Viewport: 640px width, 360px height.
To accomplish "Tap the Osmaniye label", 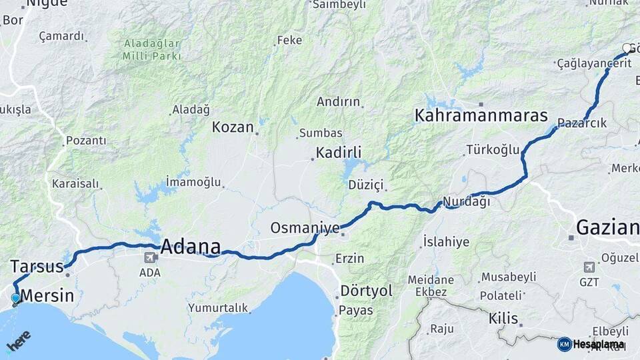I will pyautogui.click(x=305, y=228).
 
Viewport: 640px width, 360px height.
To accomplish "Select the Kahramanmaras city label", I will pyautogui.click(x=481, y=115).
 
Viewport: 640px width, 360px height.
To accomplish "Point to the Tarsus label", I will pyautogui.click(x=37, y=267).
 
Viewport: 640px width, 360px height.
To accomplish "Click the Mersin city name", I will pyautogui.click(x=47, y=295).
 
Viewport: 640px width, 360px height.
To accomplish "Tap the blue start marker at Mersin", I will pyautogui.click(x=16, y=298).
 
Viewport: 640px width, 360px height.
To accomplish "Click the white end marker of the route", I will pyautogui.click(x=627, y=48).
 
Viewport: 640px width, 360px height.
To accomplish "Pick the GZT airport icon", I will pyautogui.click(x=589, y=267).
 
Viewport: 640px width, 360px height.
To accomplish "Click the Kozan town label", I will pyautogui.click(x=233, y=127).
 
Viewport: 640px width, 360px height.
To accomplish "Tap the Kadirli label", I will pyautogui.click(x=338, y=153).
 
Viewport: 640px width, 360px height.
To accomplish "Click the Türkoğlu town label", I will pyautogui.click(x=493, y=149).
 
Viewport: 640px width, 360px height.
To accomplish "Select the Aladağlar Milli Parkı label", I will pyautogui.click(x=152, y=50).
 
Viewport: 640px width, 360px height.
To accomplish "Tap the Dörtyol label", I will pyautogui.click(x=366, y=291).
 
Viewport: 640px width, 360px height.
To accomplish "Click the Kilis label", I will pyautogui.click(x=503, y=318).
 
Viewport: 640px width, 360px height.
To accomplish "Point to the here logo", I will pyautogui.click(x=19, y=341).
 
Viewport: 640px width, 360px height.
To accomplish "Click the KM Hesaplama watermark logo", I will pyautogui.click(x=591, y=344).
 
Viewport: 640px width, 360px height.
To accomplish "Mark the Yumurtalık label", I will pyautogui.click(x=218, y=308).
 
